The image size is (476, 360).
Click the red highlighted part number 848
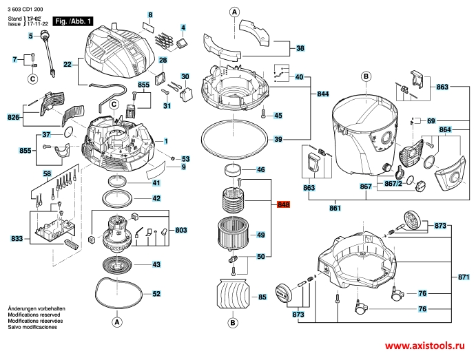pos(284,204)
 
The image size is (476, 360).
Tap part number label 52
pos(156,294)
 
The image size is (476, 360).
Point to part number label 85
pos(262,298)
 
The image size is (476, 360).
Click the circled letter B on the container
pos(365,76)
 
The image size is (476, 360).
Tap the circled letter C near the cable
pos(32,79)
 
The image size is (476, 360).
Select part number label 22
pos(68,65)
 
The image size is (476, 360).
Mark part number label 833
pos(17,239)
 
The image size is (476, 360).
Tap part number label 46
pos(261,169)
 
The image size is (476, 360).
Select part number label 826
pos(13,118)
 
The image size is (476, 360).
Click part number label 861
pos(335,208)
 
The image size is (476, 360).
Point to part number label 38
pos(300,49)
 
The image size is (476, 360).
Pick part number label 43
pos(156,264)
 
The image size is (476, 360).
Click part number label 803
pos(181,230)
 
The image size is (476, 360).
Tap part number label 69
pos(431,120)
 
